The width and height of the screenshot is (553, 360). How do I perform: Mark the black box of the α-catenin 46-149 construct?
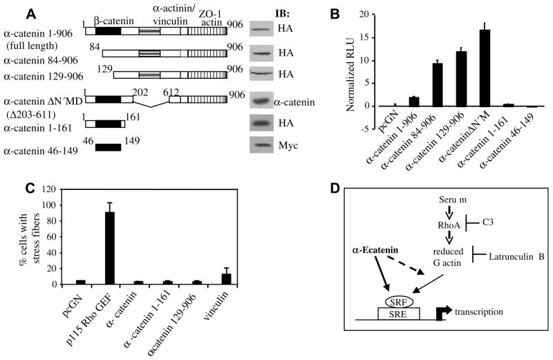click(x=108, y=147)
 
